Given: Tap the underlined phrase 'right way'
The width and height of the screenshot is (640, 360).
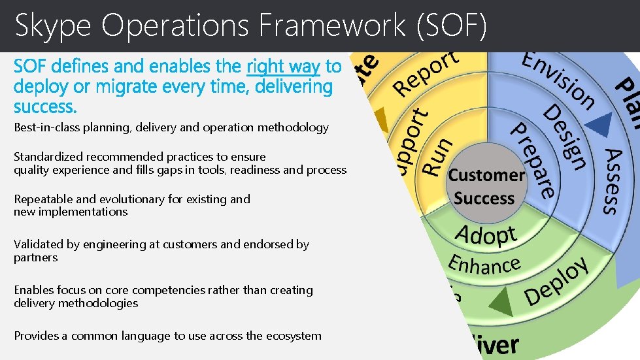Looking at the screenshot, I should tap(283, 66).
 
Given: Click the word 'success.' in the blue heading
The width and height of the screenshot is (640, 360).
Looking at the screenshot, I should tap(45, 106).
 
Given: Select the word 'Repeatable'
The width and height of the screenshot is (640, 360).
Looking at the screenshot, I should tap(42, 199).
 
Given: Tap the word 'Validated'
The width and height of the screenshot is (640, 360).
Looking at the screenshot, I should tap(39, 244).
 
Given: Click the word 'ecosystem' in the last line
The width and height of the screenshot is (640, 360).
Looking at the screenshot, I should tap(292, 336).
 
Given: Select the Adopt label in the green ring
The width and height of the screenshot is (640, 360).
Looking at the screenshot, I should tap(486, 235).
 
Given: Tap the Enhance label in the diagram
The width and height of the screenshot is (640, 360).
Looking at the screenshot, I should tap(484, 265).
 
